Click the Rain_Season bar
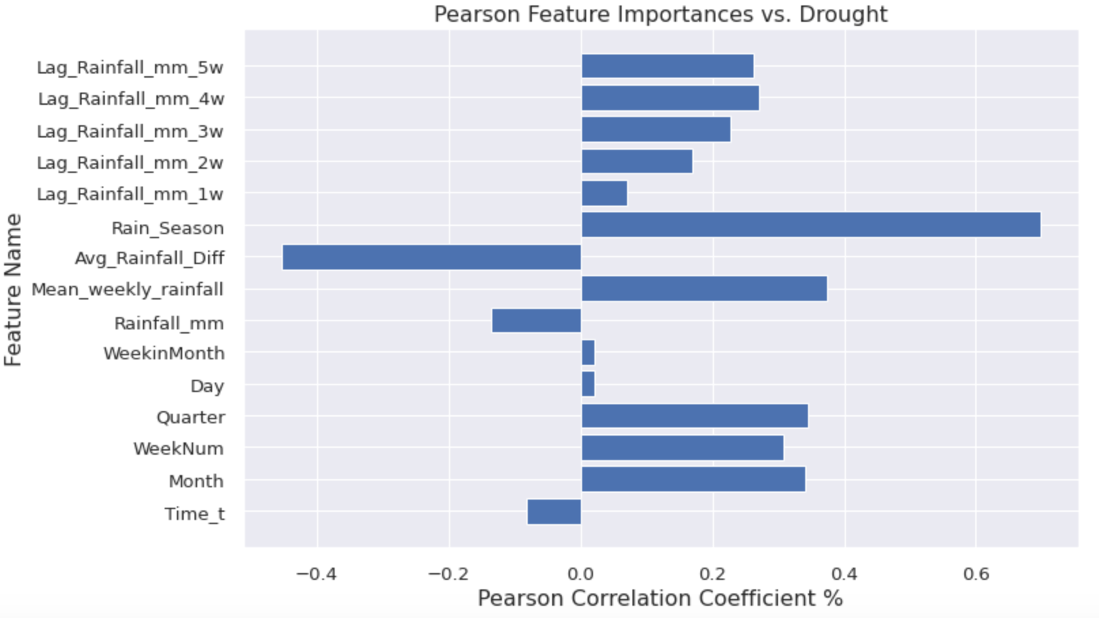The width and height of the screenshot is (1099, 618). [811, 225]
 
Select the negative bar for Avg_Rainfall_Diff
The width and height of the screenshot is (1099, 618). [432, 257]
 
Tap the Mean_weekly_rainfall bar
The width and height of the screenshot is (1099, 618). [704, 289]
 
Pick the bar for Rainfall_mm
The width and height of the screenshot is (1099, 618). [537, 321]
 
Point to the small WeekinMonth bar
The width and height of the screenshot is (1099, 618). [588, 353]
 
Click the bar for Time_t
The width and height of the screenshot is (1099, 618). [554, 512]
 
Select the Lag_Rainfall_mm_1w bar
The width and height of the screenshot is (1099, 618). [604, 193]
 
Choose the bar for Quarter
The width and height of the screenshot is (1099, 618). [694, 416]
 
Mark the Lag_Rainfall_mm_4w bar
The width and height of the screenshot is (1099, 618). [670, 98]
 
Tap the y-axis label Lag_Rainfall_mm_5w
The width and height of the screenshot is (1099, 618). [130, 67]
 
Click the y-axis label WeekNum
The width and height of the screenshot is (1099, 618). [178, 449]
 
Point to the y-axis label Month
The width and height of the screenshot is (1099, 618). [196, 481]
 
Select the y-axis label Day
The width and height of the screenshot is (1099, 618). [207, 386]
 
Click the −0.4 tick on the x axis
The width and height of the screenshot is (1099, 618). [316, 574]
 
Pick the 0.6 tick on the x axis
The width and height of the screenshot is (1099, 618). [976, 574]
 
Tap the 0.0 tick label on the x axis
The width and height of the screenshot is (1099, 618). [580, 574]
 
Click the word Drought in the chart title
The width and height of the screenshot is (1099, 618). [843, 14]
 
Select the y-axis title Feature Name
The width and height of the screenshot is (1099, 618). [14, 290]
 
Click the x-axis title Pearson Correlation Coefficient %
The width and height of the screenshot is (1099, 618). [660, 598]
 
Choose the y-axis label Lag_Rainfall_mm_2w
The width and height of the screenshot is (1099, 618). [130, 163]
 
